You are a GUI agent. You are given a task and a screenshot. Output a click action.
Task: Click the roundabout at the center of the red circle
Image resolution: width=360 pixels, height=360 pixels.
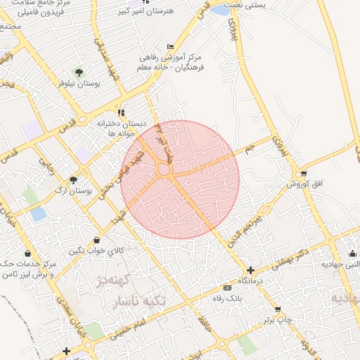pos(165,169)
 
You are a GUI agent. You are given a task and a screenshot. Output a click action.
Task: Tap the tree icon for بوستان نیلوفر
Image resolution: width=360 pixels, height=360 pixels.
pos(78,72)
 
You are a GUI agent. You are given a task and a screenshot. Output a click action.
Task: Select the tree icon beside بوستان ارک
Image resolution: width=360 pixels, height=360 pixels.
pos(73,181)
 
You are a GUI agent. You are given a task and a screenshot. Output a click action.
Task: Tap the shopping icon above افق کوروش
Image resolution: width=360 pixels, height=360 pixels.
pos(303,173)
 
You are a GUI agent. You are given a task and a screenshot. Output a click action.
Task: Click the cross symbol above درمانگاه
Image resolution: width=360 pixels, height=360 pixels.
pos(250,270)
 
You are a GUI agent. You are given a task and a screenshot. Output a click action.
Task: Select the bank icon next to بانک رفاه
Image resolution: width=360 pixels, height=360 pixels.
pos(226,288)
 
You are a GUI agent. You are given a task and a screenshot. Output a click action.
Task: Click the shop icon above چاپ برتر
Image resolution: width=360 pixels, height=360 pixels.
pos(277,309)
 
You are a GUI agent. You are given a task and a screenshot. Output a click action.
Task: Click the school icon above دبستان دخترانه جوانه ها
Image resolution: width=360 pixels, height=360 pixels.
pos(121,112)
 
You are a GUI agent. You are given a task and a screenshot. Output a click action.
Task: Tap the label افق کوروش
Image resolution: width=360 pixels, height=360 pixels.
pos(303,184)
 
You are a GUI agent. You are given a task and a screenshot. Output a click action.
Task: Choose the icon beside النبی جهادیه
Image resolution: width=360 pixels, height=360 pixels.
pos(352,254)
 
